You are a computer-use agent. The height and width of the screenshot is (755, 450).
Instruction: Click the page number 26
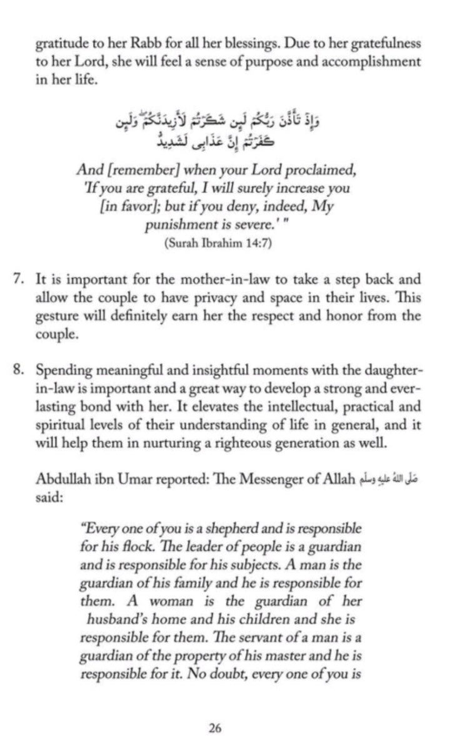[x=216, y=728]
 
